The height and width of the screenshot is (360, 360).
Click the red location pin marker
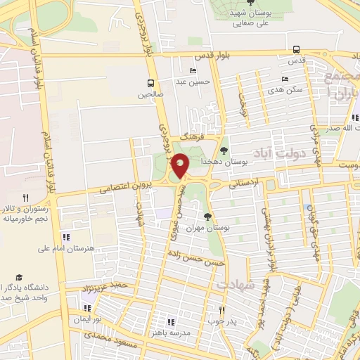point(181,166)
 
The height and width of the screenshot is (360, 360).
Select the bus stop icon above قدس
point(296,50)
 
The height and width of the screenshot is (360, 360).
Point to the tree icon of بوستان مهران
point(207,216)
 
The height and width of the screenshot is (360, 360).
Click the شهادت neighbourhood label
point(235,284)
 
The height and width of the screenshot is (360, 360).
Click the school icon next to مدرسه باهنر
point(172,321)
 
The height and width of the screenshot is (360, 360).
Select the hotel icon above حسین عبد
point(193,71)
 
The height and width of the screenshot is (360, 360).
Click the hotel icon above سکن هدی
point(285,79)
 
